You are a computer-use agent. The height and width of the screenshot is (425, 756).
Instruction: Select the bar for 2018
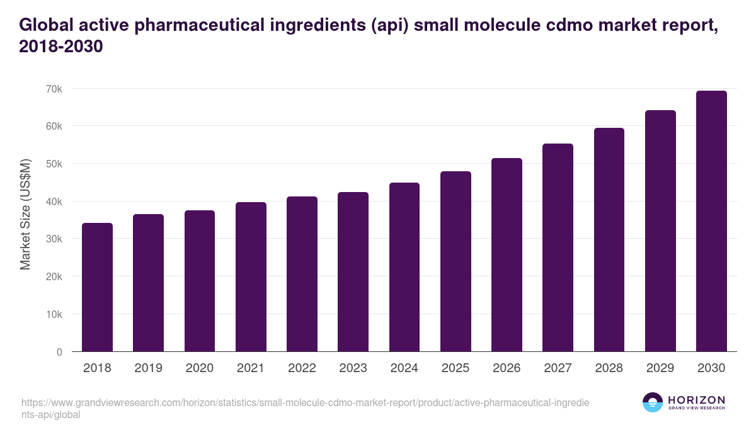(97, 287)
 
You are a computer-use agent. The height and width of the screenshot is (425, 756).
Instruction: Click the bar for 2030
(711, 221)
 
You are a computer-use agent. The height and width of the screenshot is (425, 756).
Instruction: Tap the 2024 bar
(404, 267)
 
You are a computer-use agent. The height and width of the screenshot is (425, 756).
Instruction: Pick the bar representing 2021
(251, 277)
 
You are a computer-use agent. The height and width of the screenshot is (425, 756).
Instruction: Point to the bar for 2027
(558, 247)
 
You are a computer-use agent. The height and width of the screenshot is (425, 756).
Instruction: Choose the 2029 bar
(660, 231)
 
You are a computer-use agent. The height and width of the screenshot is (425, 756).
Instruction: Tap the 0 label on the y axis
(59, 352)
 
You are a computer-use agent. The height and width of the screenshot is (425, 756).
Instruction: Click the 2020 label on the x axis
(199, 368)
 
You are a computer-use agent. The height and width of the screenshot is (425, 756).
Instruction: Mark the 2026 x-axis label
(507, 368)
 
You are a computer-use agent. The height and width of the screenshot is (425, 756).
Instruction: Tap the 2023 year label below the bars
(353, 368)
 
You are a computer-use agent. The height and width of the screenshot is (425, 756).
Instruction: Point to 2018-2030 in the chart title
(61, 47)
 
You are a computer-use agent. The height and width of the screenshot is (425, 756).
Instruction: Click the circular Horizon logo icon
(653, 402)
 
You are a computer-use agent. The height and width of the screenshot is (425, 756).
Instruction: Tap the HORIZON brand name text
(696, 400)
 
